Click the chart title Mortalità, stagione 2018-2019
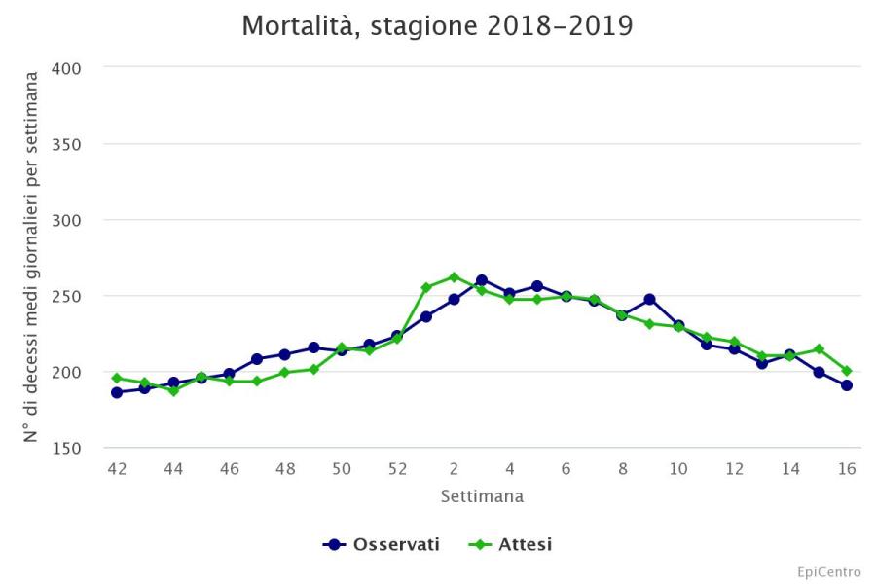[x=437, y=26]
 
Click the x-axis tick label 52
[x=397, y=469]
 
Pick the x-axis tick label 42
[x=117, y=469]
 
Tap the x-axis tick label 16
[x=847, y=469]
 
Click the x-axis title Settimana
[x=482, y=496]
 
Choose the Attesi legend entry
[x=512, y=544]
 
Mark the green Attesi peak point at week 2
[x=454, y=276]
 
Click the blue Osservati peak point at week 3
[x=482, y=280]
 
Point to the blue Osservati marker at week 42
[x=117, y=392]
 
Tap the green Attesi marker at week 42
[x=117, y=378]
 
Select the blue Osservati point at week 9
[x=650, y=299]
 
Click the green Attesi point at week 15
[x=819, y=348]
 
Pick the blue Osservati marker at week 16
[x=847, y=385]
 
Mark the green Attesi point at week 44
[x=173, y=390]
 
